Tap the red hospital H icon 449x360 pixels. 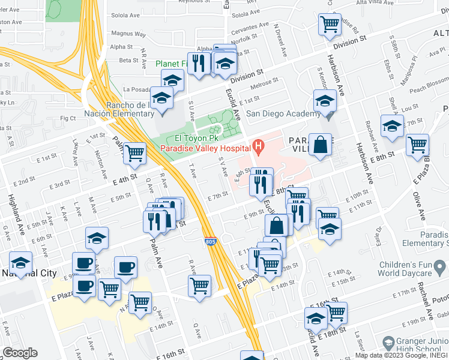pos(259,145)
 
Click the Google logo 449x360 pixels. pos(20,353)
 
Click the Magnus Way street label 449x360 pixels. pos(125,34)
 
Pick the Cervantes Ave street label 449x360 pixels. pos(251,28)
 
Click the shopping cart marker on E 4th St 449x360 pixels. pos(135,154)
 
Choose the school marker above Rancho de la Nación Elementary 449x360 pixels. pos(172,80)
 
